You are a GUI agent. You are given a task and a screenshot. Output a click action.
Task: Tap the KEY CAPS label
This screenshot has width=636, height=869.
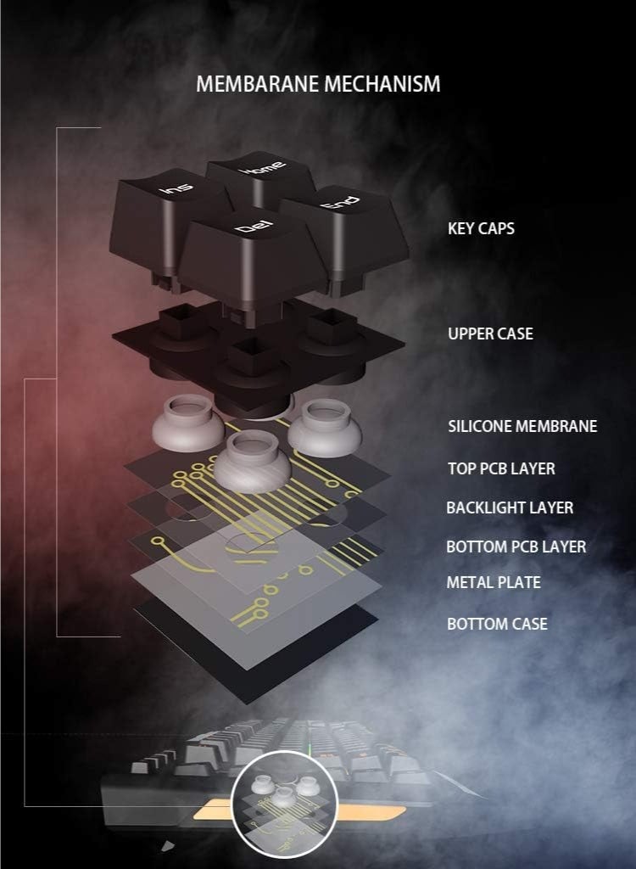[481, 228]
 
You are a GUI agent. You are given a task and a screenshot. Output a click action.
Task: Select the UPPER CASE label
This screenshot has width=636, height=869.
[490, 334]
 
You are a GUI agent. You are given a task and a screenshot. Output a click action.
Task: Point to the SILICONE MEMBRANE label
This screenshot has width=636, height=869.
[522, 426]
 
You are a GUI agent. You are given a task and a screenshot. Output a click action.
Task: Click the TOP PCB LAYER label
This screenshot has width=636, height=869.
[501, 468]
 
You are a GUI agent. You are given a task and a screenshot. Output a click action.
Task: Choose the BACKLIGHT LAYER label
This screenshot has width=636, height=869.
[510, 507]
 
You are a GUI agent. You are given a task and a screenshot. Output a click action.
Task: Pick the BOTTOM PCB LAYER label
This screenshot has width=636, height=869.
[516, 547]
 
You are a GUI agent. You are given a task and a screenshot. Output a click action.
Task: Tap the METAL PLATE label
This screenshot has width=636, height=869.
[494, 582]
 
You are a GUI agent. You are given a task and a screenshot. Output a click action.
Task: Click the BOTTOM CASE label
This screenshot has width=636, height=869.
[497, 624]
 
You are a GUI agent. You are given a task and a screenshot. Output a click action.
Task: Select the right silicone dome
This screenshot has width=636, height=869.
[320, 424]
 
